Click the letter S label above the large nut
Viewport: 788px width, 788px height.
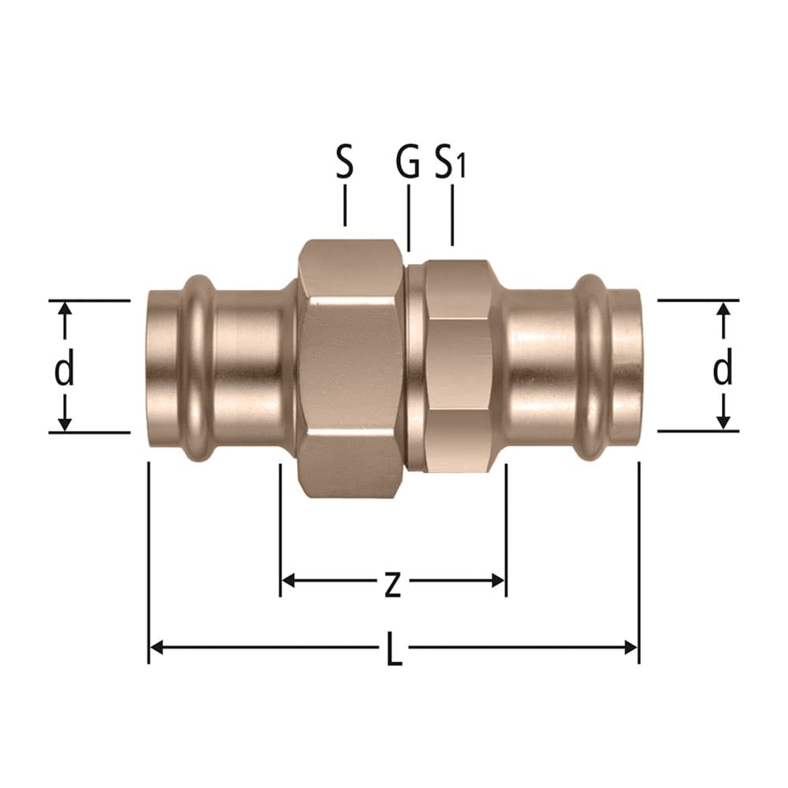tap(345, 162)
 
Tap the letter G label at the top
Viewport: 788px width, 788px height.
tap(407, 162)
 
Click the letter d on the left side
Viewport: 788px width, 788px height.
tap(65, 368)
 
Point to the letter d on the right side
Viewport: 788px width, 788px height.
tap(723, 367)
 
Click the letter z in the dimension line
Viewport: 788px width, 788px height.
tap(392, 585)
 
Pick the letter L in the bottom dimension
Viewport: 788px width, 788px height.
tap(395, 649)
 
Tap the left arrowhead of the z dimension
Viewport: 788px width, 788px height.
tap(288, 581)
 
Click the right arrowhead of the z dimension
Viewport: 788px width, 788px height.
tap(497, 581)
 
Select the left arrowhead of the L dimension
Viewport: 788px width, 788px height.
tap(157, 648)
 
